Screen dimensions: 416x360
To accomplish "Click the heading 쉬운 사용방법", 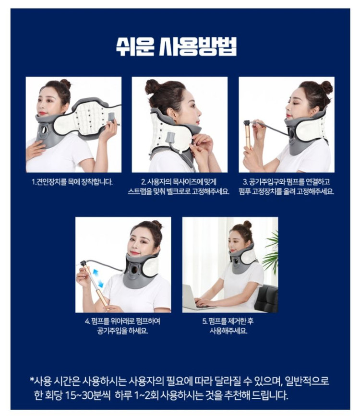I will point(177,47).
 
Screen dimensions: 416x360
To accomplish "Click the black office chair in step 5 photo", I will point(266,299).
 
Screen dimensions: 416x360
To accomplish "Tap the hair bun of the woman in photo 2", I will point(152,87).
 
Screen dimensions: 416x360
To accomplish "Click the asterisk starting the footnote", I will point(32,380).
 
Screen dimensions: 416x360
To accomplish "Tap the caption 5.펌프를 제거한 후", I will point(228,321).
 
